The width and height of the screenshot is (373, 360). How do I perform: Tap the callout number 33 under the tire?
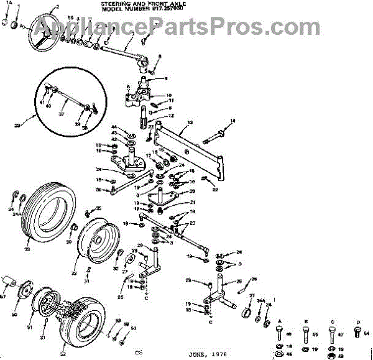click(x=27, y=249)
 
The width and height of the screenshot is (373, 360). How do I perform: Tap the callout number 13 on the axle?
click(x=190, y=122)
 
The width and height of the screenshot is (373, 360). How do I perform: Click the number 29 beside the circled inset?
click(x=17, y=125)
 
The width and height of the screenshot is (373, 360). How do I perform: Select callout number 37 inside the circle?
click(x=61, y=114)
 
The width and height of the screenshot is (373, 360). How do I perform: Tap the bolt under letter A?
click(x=278, y=333)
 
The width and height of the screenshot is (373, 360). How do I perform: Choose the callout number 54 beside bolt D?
click(x=366, y=334)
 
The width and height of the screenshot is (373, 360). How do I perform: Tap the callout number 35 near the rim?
click(x=98, y=208)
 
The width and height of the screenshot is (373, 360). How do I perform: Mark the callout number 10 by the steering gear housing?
click(x=168, y=95)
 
